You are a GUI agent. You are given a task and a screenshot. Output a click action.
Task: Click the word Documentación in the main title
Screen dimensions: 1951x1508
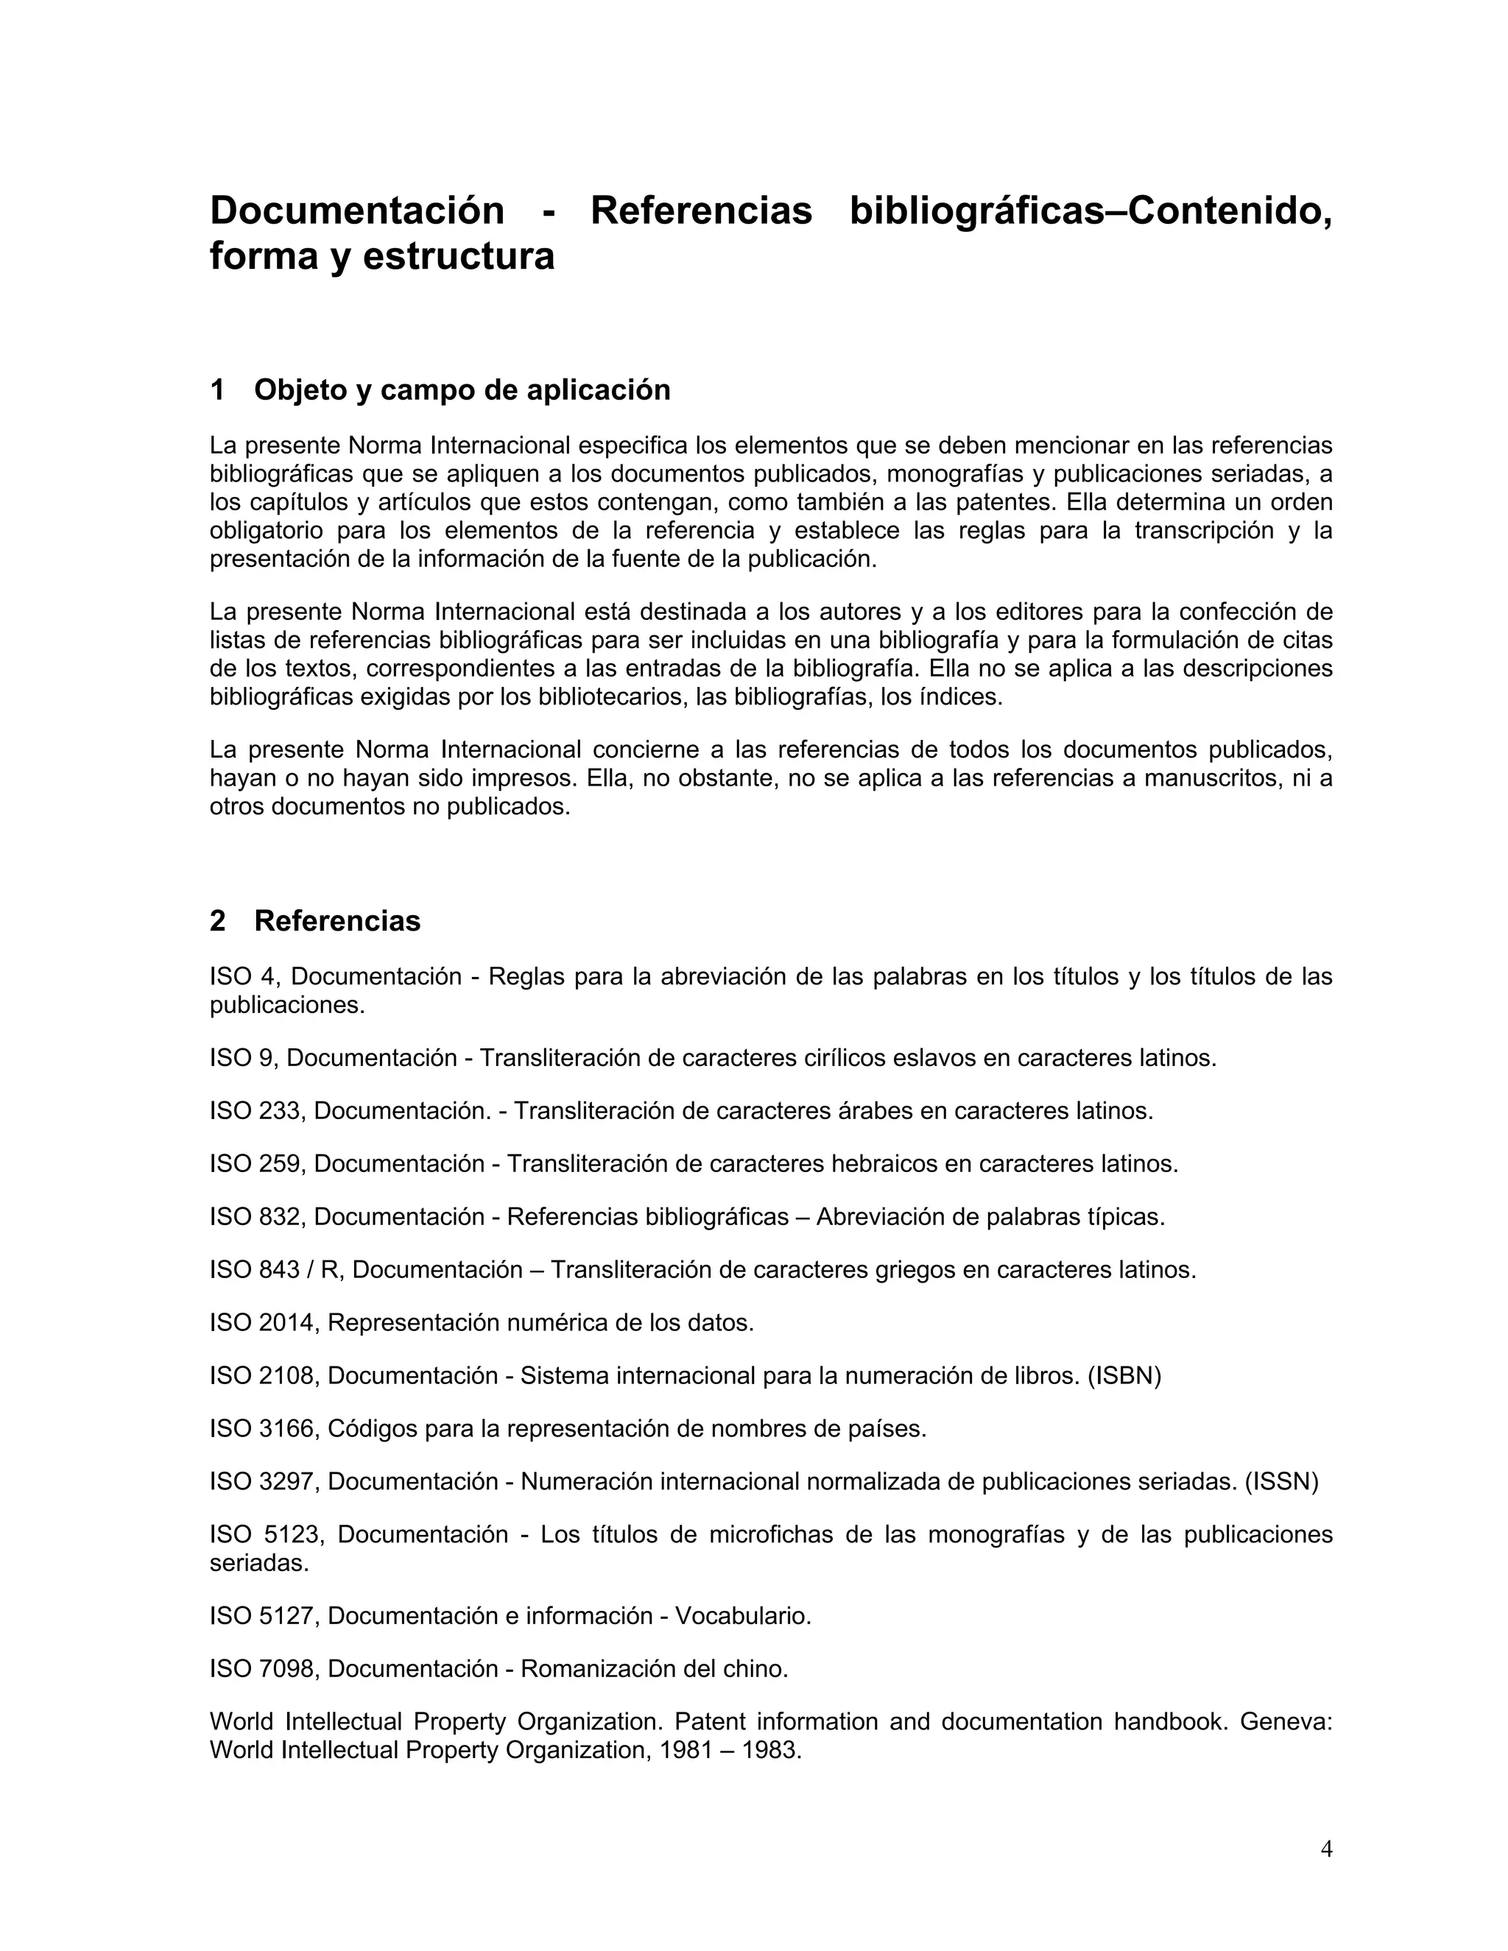(356, 211)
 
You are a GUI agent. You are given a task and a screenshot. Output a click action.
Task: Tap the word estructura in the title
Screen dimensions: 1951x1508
(458, 256)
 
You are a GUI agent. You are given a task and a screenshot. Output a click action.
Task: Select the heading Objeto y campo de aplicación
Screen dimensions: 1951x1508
(462, 390)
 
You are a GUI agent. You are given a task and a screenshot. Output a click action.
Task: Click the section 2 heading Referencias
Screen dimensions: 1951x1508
(337, 921)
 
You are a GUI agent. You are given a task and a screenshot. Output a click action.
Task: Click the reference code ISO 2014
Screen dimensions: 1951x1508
(264, 1322)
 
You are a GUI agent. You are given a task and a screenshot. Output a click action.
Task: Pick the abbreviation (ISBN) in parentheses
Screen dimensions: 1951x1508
(1124, 1376)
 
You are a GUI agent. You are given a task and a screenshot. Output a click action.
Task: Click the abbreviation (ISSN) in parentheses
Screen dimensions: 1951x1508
(1281, 1481)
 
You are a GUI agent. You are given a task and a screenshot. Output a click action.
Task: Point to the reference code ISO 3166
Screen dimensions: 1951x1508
(264, 1428)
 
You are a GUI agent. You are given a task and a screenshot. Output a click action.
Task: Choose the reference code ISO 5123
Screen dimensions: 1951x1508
(268, 1535)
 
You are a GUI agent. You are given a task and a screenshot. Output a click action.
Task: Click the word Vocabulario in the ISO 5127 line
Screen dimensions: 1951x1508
(742, 1616)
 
